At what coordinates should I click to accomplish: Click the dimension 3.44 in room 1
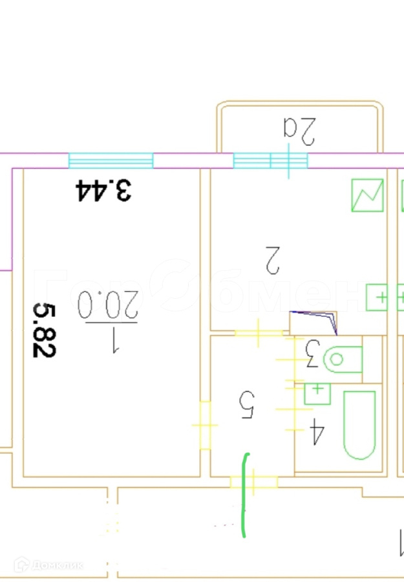[104, 190]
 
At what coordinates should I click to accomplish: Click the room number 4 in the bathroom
[317, 432]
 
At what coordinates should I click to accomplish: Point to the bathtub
[359, 425]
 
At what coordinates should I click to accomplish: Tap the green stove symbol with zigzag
[368, 195]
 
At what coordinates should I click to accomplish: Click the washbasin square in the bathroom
[317, 393]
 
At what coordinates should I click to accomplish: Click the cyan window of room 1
[111, 160]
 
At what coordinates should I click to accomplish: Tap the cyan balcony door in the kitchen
[270, 160]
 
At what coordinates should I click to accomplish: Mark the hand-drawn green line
[244, 495]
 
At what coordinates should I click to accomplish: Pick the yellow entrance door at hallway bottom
[253, 482]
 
